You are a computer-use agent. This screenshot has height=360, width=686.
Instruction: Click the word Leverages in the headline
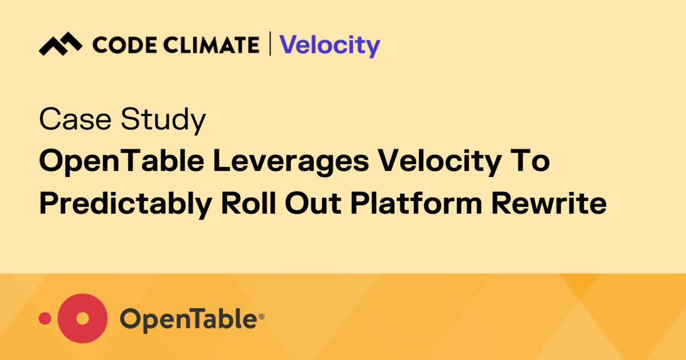286,163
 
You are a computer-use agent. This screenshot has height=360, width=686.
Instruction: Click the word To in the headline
533,162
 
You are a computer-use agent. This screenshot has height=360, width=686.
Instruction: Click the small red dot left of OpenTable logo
45,318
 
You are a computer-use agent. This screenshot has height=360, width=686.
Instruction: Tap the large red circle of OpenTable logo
83,318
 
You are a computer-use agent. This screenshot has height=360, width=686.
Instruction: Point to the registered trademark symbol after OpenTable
262,314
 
